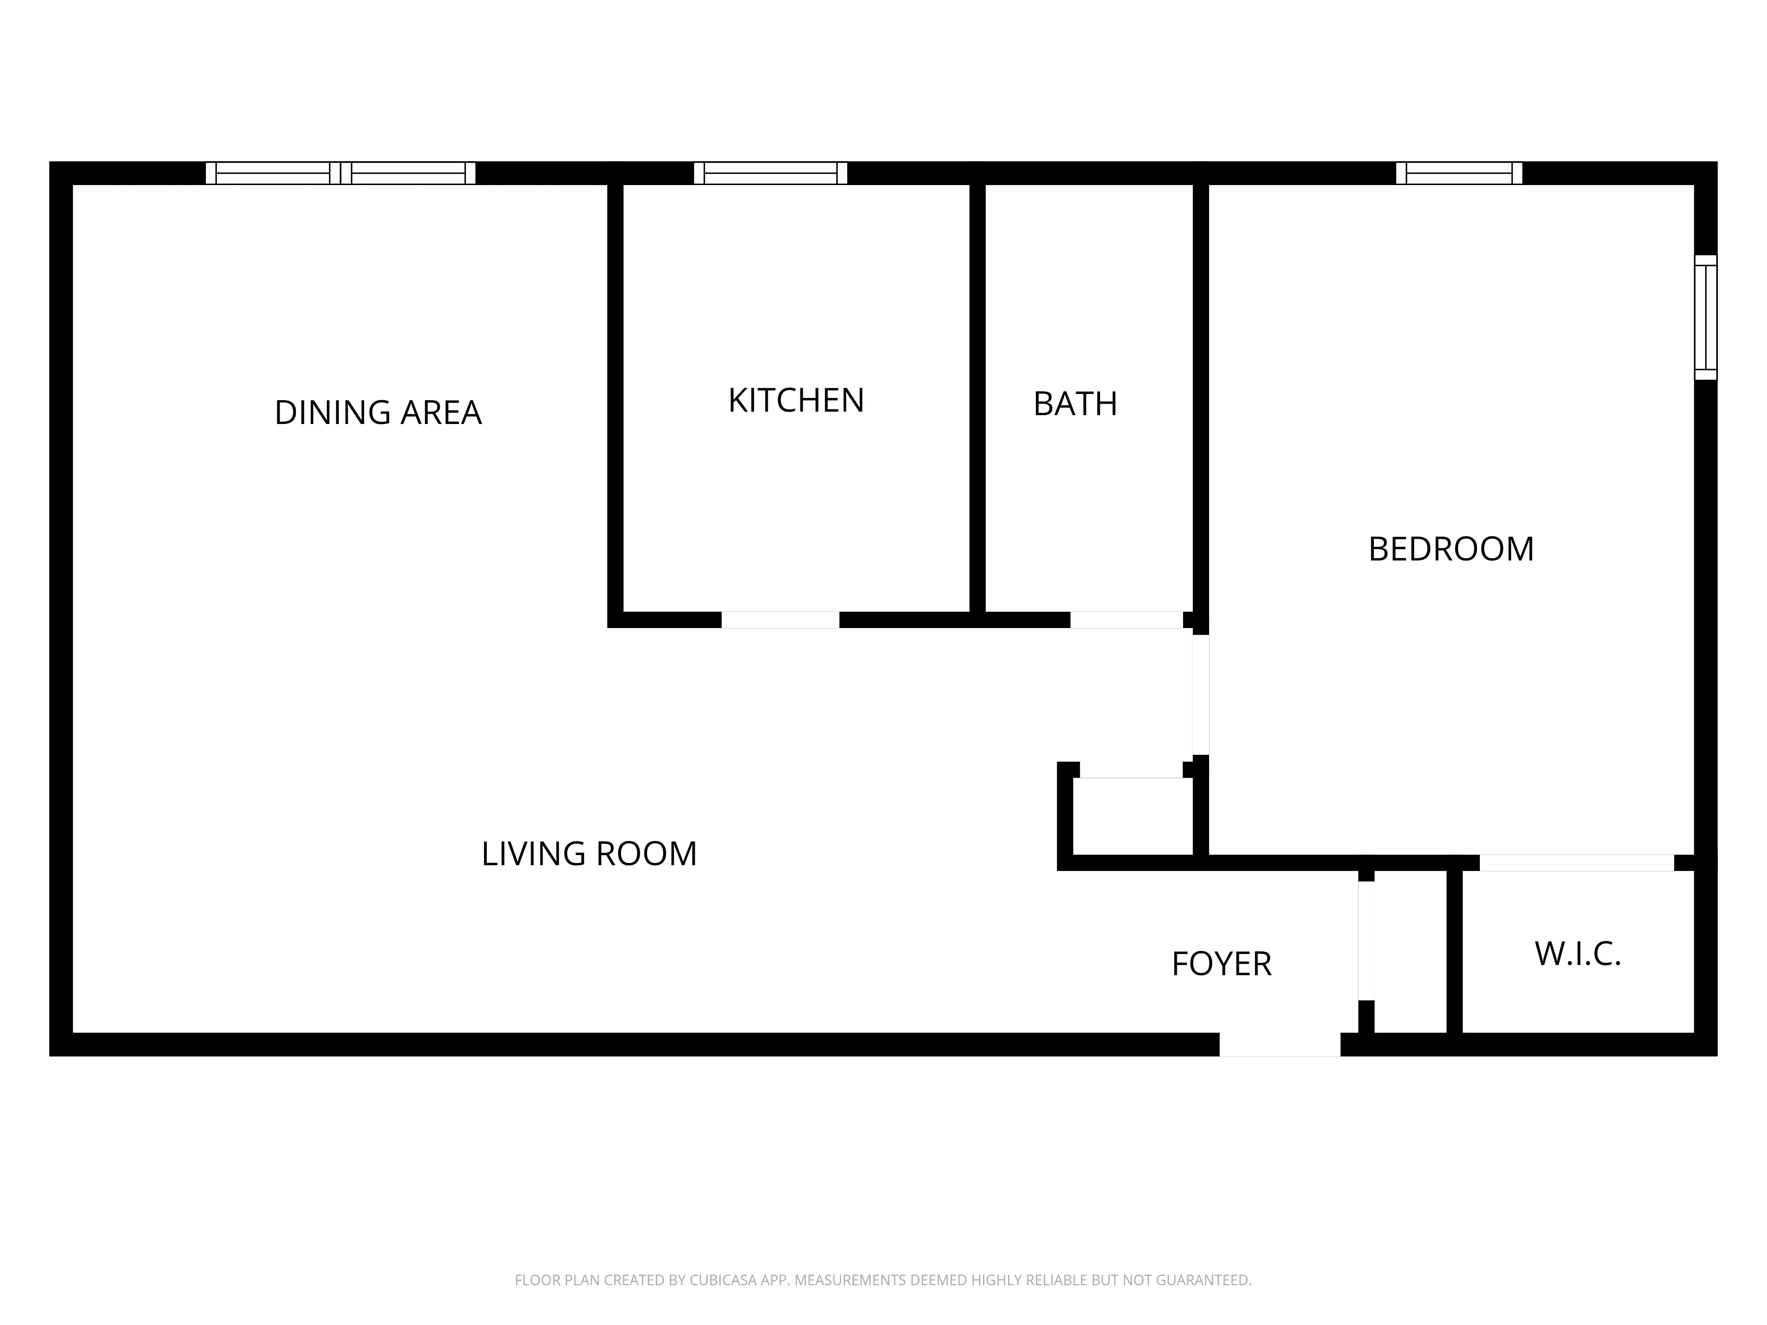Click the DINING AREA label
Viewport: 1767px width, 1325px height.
click(x=378, y=413)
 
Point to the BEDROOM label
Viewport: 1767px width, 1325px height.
click(x=1451, y=549)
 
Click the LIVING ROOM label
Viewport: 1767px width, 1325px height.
click(x=589, y=854)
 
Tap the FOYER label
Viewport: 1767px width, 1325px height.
click(x=1221, y=964)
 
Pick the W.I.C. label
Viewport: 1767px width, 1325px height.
click(x=1577, y=954)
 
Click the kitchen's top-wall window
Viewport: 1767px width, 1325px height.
click(x=770, y=173)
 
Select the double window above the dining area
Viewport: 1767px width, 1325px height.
click(x=340, y=173)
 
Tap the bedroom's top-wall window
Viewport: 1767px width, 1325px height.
click(x=1459, y=173)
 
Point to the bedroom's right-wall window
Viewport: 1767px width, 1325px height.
click(x=1706, y=317)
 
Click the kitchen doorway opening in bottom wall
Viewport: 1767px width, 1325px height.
click(x=781, y=620)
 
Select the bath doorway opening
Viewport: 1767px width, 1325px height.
click(x=1126, y=620)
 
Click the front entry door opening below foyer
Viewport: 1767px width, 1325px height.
click(x=1279, y=1045)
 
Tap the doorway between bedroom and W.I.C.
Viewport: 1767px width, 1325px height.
click(x=1576, y=863)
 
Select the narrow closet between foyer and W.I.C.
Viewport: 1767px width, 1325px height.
click(x=1411, y=954)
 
